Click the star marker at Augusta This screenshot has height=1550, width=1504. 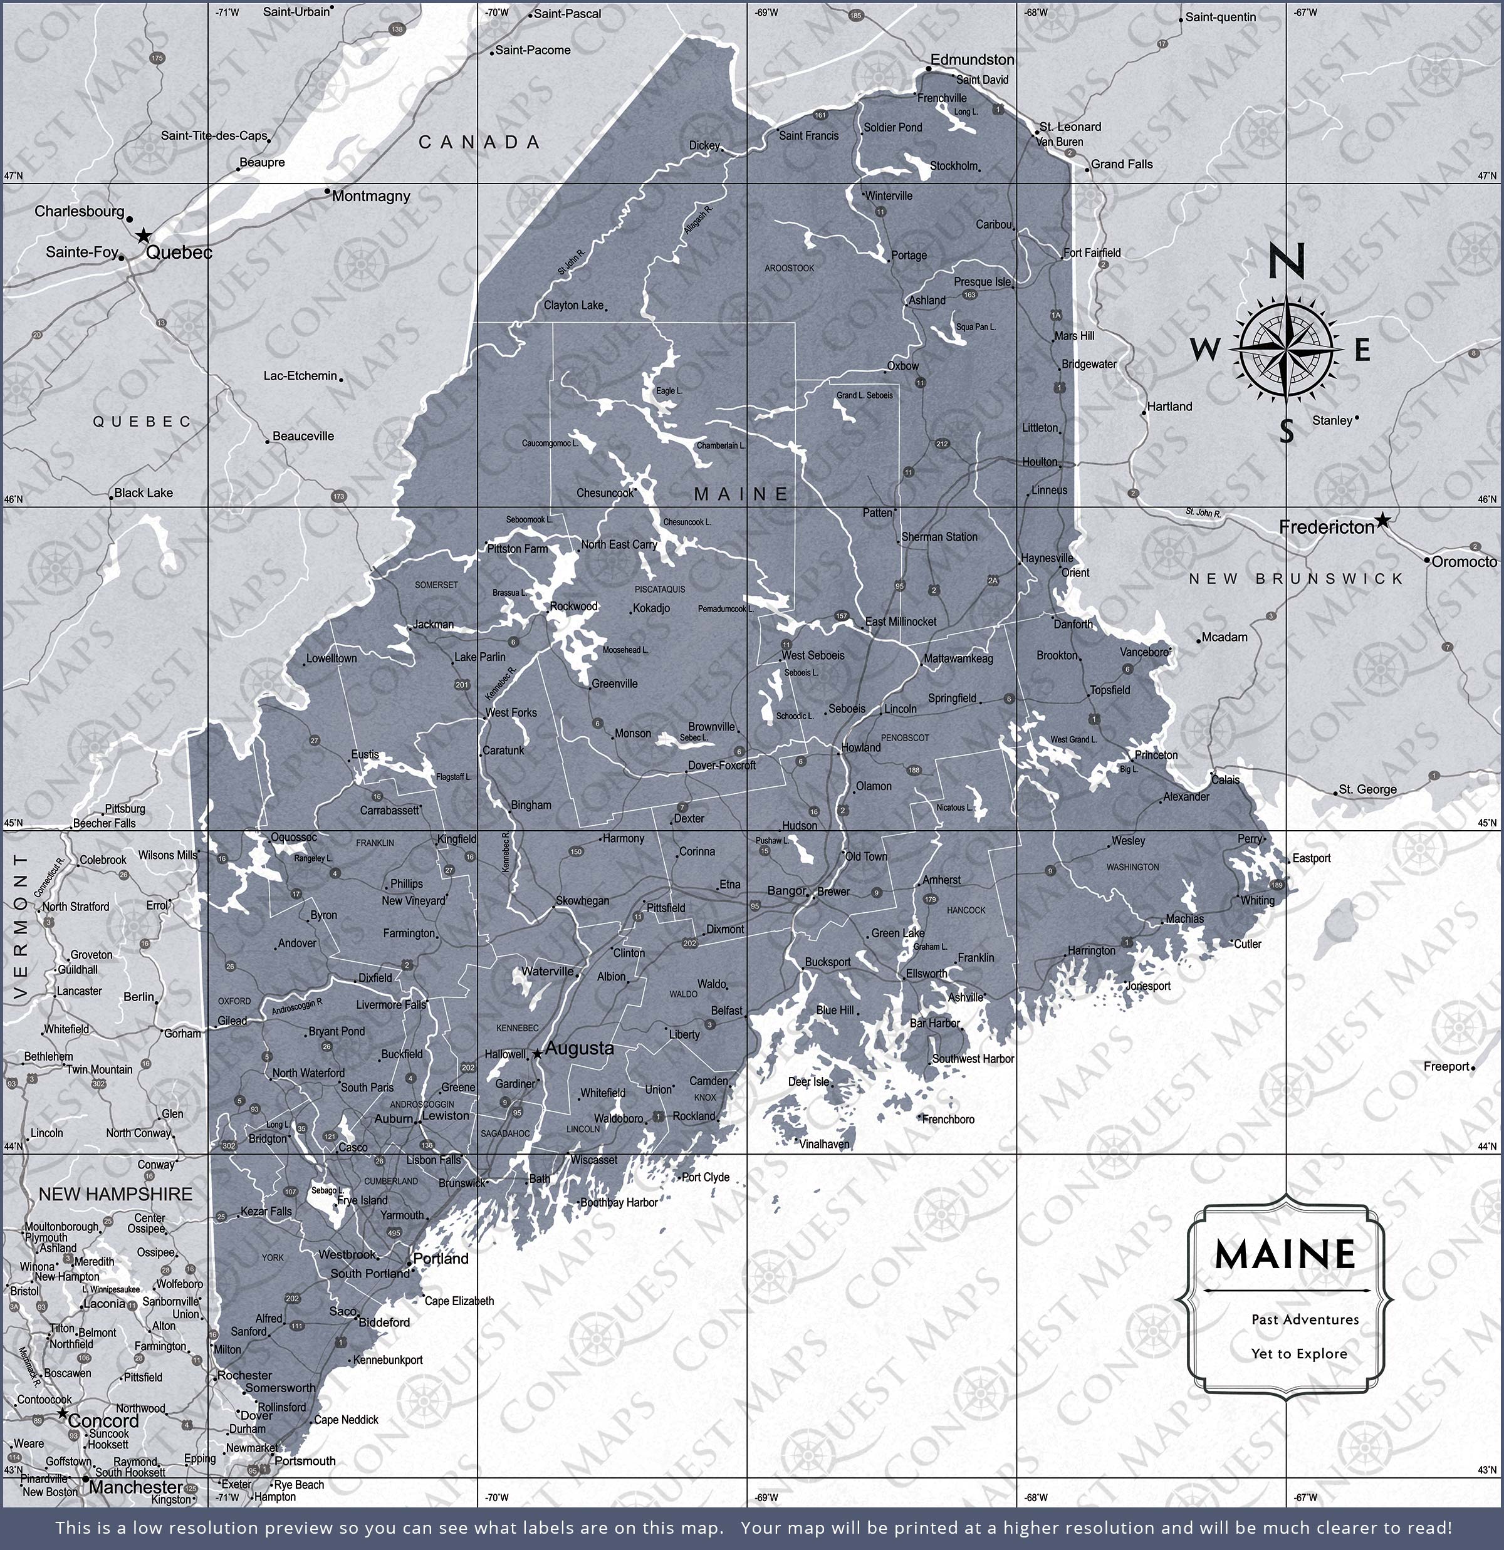coord(537,1053)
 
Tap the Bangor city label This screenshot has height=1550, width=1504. coord(786,890)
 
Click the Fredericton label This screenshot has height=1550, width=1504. coord(1326,528)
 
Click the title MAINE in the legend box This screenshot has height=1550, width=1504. coord(1285,1254)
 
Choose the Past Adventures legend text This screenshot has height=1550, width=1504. coord(1293,1319)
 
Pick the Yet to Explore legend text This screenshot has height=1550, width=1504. coord(1298,1353)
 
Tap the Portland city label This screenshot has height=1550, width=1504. coord(441,1258)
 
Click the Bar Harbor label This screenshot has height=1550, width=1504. coord(934,1022)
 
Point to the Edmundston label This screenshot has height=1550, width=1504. coord(971,60)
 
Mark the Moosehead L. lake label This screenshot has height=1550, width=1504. coord(625,649)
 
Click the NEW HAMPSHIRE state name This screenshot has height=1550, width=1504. coord(115,1194)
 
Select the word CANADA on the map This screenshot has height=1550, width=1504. coord(479,142)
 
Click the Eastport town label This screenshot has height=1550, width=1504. coord(1311,858)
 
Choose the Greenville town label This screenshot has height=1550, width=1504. coord(614,684)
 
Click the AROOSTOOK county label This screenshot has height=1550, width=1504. coord(789,268)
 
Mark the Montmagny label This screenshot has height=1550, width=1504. coord(370,195)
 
